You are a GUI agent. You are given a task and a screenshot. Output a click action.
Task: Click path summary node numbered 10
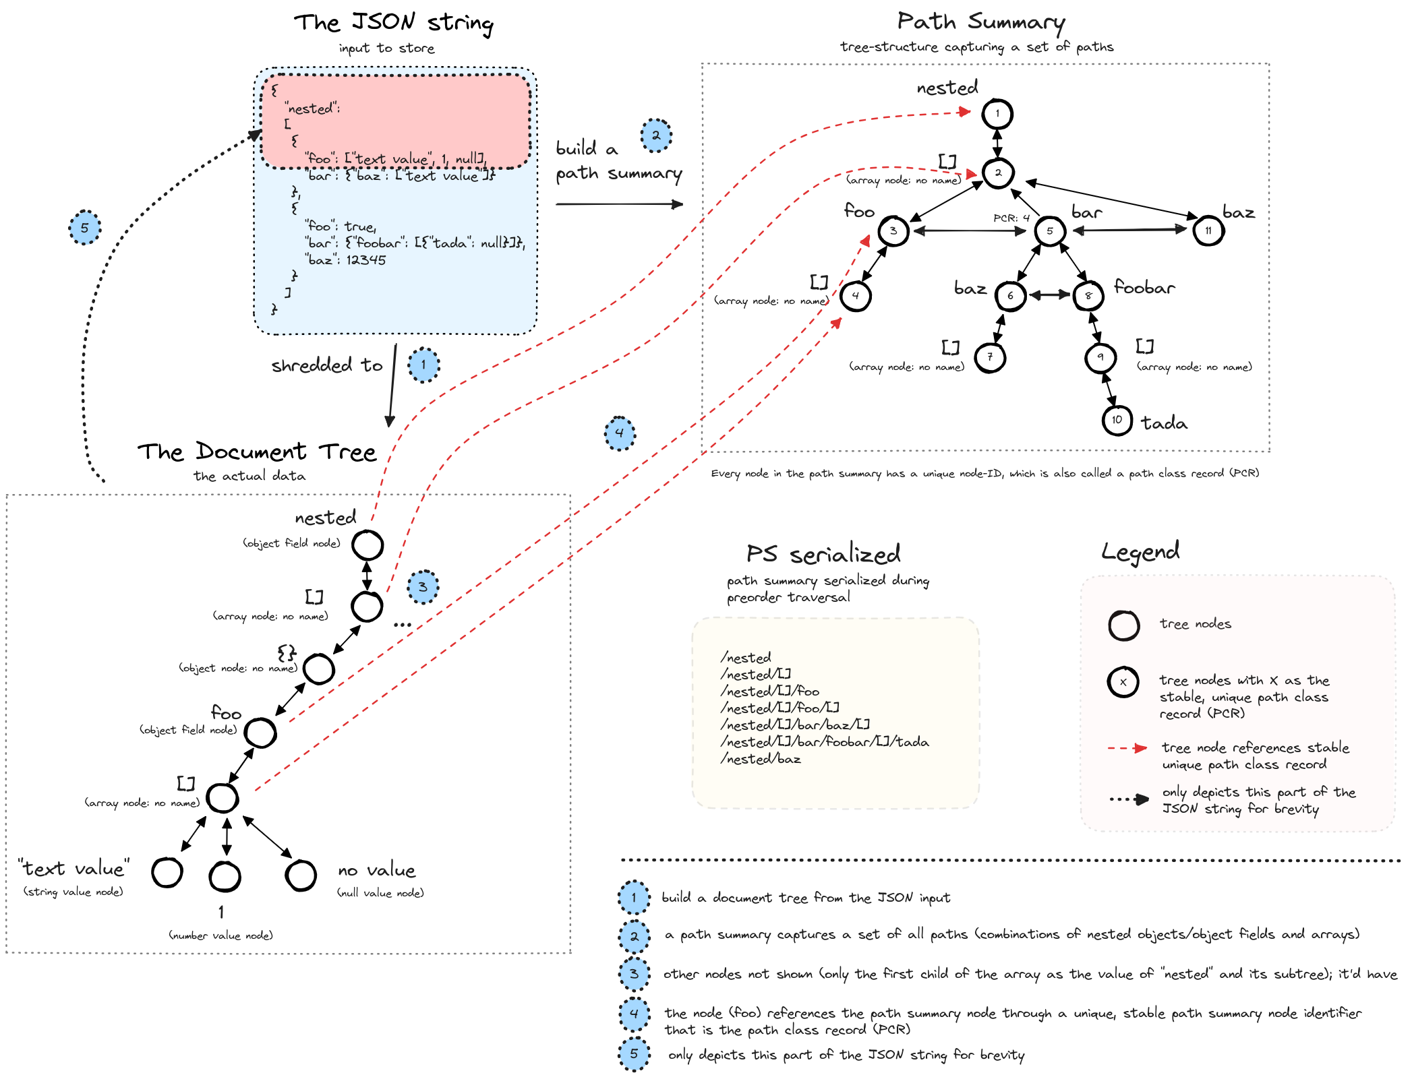point(1117,421)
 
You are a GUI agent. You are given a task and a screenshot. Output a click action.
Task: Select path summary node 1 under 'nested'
point(997,114)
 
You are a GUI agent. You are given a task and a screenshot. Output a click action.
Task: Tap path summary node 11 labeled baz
point(1208,231)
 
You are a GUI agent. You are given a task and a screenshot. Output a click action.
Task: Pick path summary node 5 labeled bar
point(1049,231)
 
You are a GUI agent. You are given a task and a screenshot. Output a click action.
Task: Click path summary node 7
point(990,357)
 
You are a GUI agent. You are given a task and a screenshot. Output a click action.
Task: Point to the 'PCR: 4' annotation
point(1011,218)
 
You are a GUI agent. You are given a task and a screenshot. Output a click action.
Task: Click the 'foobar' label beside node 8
point(1144,288)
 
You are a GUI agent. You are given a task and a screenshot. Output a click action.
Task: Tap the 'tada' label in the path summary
point(1164,423)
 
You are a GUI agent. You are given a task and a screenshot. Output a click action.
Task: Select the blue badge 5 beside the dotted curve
point(84,228)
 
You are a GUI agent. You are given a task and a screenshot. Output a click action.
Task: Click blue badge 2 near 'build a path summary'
point(655,135)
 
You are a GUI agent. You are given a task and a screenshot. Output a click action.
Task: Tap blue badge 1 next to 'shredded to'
point(423,365)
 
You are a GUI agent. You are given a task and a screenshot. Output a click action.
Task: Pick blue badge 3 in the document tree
point(423,587)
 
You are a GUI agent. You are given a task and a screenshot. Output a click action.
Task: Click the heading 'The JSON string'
point(393,23)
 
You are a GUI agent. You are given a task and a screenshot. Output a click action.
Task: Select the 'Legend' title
point(1140,552)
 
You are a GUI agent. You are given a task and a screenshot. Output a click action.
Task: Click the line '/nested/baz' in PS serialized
point(761,759)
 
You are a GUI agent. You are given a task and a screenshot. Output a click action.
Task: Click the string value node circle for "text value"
point(167,873)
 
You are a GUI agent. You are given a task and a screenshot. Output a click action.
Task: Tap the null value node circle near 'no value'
point(301,875)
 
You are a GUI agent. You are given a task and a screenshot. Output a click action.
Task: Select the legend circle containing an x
point(1123,682)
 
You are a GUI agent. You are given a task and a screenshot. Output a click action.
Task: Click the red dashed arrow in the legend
point(1127,748)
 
